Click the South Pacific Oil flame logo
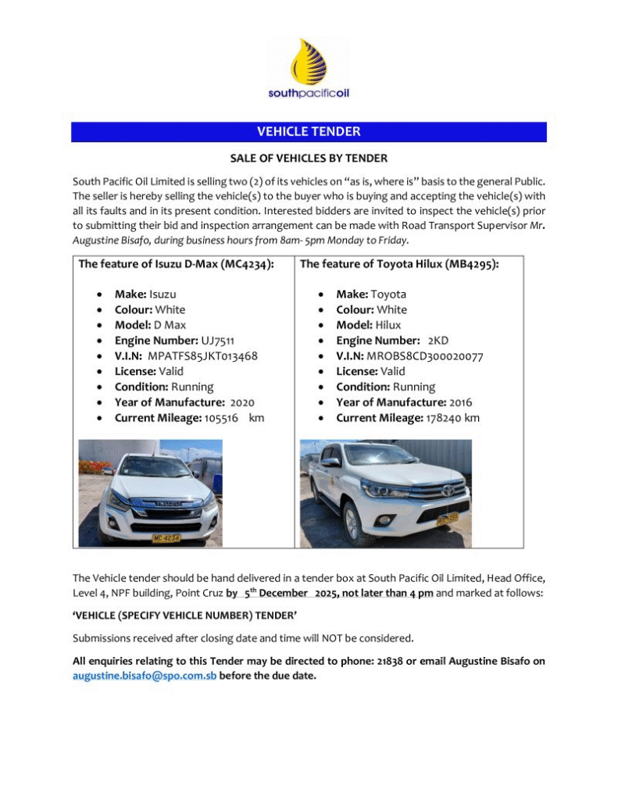309,61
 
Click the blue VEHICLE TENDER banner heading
309,132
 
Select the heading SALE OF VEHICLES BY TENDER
309,159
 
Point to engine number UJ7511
218,341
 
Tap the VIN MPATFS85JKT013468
203,356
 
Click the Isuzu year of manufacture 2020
242,402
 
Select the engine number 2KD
438,341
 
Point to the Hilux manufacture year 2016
461,402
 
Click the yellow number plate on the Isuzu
166,538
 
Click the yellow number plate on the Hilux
447,518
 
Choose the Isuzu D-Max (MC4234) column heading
177,264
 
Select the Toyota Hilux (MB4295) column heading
399,264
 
